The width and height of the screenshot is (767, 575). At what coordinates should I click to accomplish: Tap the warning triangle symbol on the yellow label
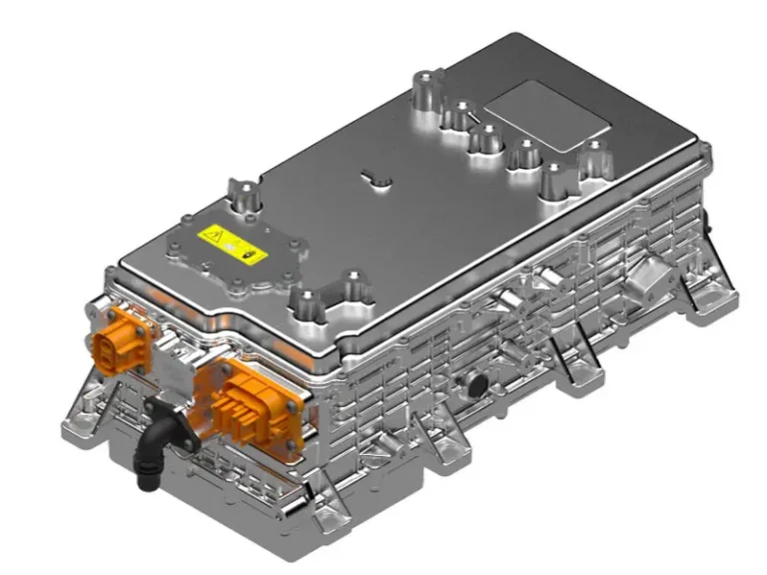click(x=212, y=237)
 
